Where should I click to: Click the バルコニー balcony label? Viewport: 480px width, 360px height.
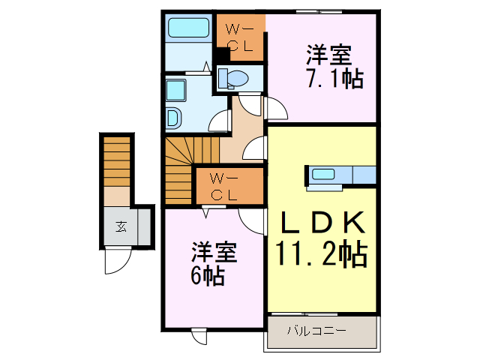click(x=316, y=330)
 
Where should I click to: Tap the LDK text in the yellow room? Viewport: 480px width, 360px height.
click(x=323, y=222)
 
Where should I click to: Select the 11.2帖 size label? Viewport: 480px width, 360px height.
click(x=323, y=255)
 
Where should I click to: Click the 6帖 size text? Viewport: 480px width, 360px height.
click(x=206, y=275)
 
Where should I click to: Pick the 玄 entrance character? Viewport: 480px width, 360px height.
click(x=120, y=226)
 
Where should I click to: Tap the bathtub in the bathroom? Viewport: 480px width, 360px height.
click(x=188, y=29)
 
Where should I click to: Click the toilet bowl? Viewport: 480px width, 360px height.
click(x=235, y=77)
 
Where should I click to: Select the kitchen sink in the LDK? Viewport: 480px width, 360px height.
click(x=323, y=175)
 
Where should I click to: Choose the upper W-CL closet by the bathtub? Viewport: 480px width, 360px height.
click(x=239, y=37)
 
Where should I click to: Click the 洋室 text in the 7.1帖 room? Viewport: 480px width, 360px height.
click(x=328, y=55)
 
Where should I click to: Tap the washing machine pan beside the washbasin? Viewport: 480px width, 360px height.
click(x=174, y=118)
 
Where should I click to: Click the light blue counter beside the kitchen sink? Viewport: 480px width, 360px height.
click(x=363, y=175)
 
